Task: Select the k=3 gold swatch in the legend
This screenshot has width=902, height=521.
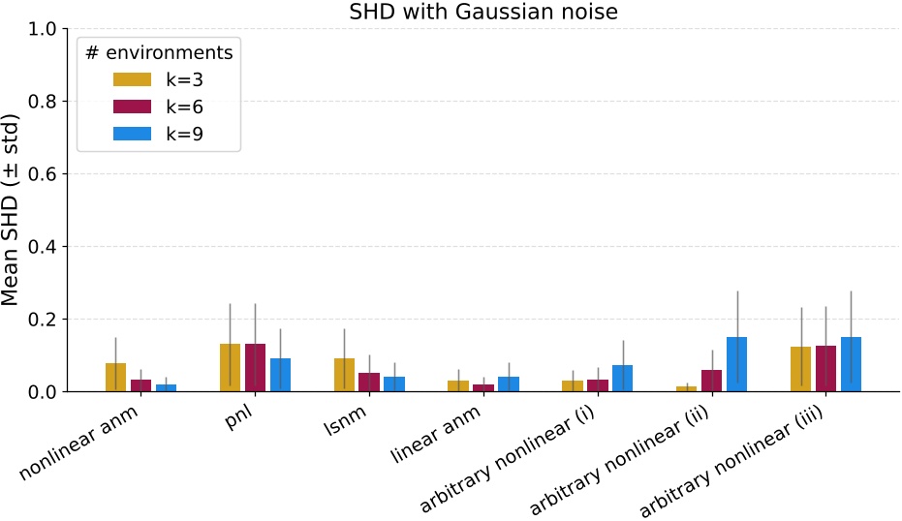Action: coord(133,79)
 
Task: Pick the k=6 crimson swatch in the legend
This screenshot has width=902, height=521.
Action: coord(133,107)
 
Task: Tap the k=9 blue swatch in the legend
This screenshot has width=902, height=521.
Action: coord(133,134)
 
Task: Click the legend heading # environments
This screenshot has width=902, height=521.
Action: coord(159,52)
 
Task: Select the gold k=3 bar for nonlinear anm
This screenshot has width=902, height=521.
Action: coord(116,378)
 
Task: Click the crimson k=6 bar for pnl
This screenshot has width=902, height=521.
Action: coord(256,368)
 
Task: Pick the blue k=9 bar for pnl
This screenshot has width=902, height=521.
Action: coord(281,375)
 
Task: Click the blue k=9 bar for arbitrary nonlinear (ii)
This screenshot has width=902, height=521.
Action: coord(736,364)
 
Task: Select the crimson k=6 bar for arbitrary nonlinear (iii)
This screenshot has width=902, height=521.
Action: coord(825,369)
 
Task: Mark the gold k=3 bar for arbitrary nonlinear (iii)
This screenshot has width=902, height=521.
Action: coord(800,369)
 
